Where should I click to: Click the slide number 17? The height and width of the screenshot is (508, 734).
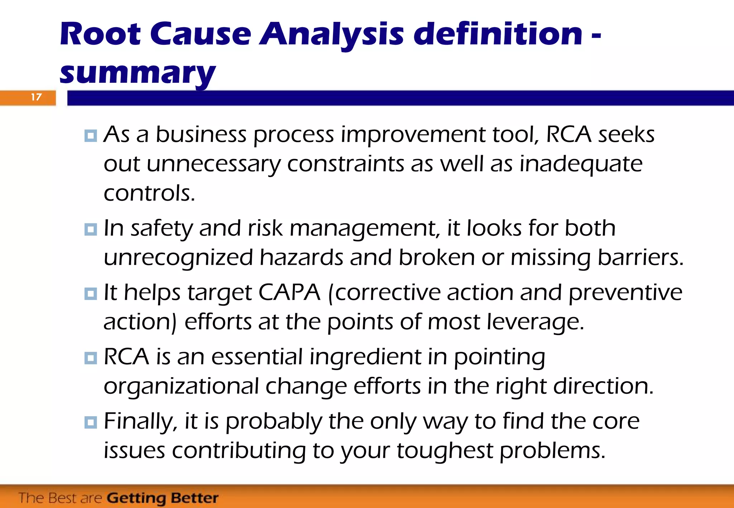pos(36,97)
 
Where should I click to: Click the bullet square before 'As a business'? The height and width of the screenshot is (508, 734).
pos(91,136)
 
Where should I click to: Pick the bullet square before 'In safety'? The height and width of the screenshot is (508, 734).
pos(91,229)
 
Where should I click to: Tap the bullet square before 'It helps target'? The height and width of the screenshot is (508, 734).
pos(91,294)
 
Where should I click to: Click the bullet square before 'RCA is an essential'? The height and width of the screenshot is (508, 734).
pos(91,358)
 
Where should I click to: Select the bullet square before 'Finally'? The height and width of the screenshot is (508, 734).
pos(91,422)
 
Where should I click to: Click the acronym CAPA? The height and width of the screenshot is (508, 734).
pos(289,292)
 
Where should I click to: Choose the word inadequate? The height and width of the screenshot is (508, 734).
pos(581,164)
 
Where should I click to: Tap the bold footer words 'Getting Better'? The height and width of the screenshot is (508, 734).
pos(163,498)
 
